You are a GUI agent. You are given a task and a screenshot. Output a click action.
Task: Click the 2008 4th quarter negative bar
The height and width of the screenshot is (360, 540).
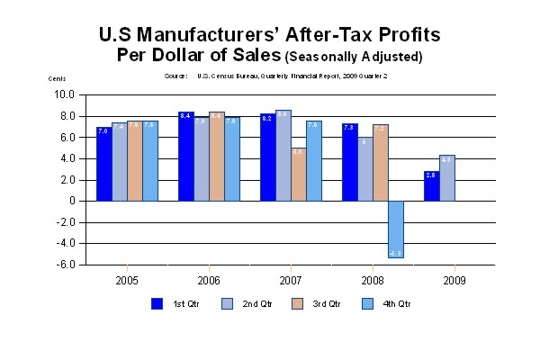tap(396, 229)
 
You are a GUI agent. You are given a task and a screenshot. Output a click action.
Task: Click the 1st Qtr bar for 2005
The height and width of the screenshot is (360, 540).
tap(103, 163)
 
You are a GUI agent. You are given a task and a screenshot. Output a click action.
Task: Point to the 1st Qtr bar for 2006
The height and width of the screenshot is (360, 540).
tap(185, 156)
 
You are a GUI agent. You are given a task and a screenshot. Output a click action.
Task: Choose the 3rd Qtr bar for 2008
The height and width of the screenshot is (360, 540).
tap(380, 162)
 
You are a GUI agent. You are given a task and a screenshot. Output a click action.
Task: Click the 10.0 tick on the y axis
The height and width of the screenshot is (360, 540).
tap(65, 94)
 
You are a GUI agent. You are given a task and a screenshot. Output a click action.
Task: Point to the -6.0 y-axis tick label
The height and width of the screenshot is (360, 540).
tap(65, 265)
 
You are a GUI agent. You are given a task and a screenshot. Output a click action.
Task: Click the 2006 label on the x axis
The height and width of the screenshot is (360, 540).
tap(209, 280)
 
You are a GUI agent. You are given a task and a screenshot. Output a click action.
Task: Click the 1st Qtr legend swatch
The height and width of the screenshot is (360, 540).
tap(156, 303)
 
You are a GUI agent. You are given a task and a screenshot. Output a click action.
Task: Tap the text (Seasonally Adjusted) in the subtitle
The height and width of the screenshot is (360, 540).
tap(354, 57)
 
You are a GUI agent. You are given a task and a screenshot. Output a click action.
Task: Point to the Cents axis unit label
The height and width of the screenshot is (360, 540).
tap(57, 78)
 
